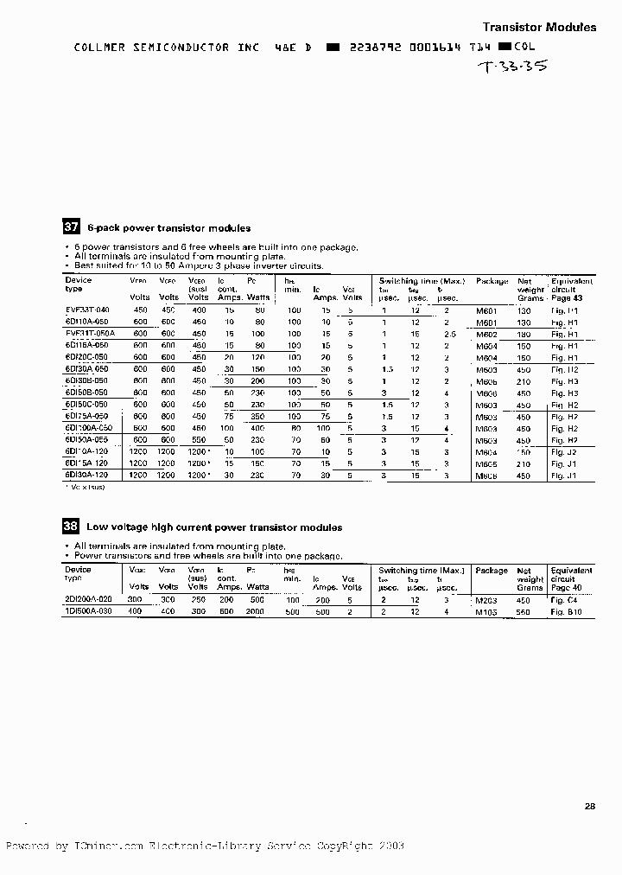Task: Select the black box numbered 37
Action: point(71,228)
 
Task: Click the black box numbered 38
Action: point(71,527)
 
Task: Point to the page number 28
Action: point(590,807)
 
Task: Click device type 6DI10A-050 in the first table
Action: point(87,321)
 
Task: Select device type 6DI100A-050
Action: point(88,428)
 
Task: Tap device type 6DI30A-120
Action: point(87,475)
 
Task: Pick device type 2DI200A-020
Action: point(88,599)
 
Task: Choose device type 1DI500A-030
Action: point(88,611)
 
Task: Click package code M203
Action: point(488,599)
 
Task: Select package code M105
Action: point(488,611)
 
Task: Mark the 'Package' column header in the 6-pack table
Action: point(492,281)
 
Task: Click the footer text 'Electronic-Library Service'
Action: point(229,846)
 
